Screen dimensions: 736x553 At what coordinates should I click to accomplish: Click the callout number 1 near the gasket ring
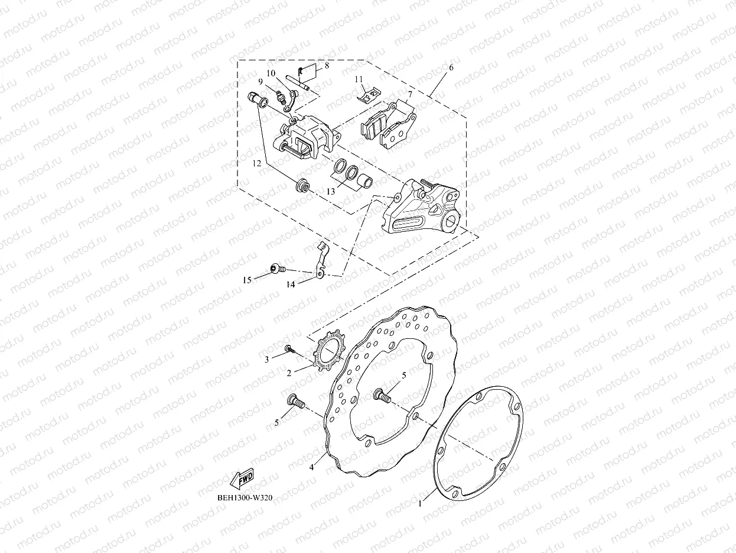point(420,504)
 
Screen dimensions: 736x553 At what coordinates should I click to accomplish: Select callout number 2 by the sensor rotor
point(289,373)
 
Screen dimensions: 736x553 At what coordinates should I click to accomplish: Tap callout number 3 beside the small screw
point(266,358)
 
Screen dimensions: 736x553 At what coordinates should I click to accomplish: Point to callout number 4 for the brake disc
point(312,467)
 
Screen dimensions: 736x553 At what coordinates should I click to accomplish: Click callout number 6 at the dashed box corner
point(451,67)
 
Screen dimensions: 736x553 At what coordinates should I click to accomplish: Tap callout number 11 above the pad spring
point(359,79)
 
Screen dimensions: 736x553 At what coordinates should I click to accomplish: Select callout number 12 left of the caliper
point(255,162)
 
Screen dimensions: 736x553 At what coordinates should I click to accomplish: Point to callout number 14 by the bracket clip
point(290,284)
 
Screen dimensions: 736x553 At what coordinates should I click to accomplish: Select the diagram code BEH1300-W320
point(244,497)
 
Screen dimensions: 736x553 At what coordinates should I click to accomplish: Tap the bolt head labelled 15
point(274,269)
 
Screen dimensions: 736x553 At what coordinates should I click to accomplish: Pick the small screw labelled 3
point(289,350)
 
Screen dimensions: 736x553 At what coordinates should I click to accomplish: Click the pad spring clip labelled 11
point(370,92)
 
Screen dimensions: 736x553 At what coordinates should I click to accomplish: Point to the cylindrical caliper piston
point(365,179)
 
